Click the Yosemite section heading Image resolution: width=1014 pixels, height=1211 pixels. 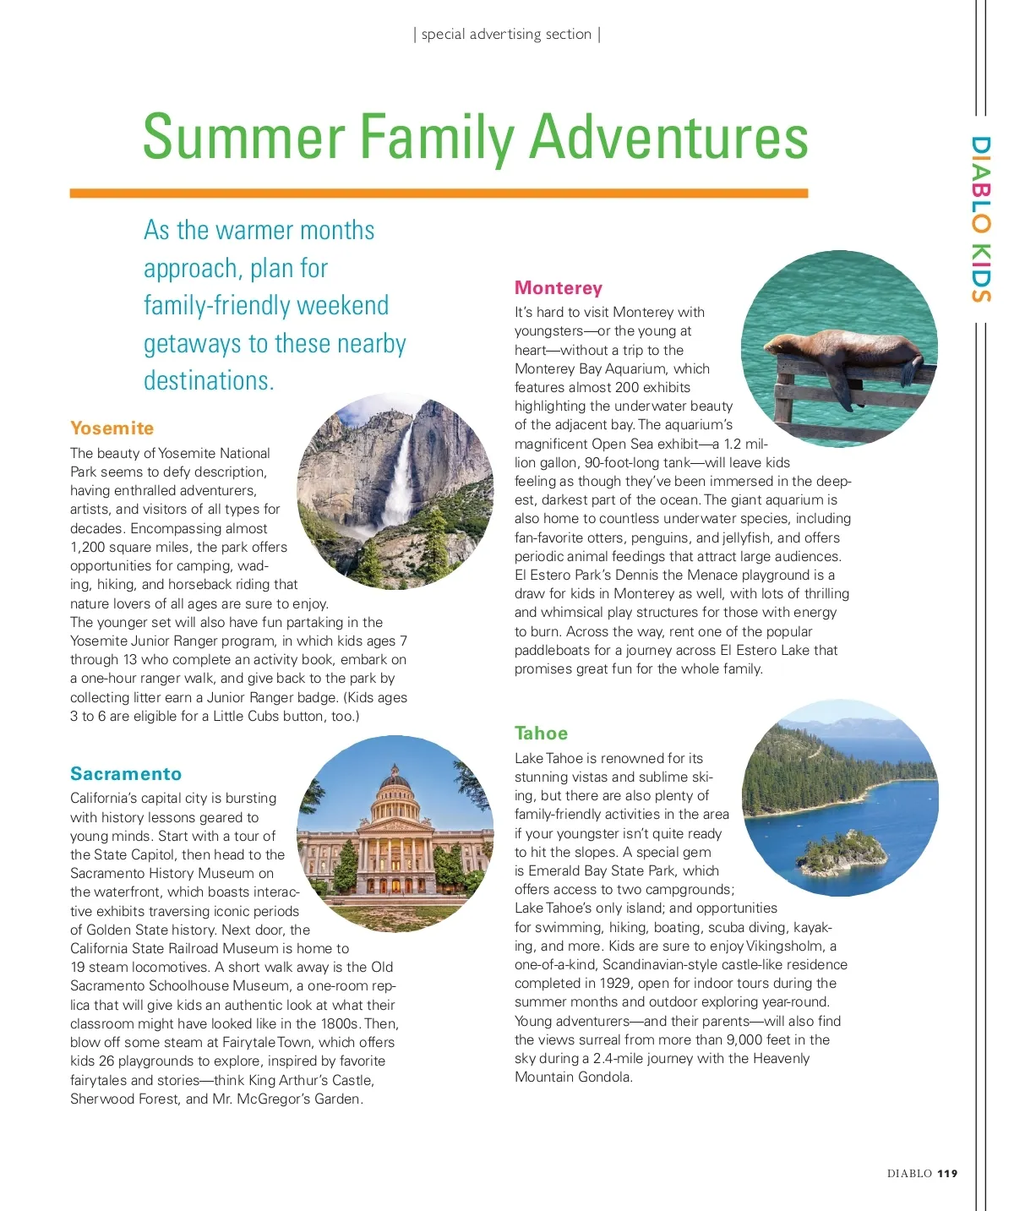pyautogui.click(x=112, y=428)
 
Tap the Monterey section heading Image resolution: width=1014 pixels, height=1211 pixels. pyautogui.click(x=558, y=288)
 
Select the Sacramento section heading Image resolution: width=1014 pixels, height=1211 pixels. pyautogui.click(x=126, y=774)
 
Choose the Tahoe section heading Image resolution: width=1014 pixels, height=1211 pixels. pyautogui.click(x=541, y=734)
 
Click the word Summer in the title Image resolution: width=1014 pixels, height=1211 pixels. pyautogui.click(x=243, y=138)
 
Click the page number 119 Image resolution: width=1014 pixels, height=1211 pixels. pyautogui.click(x=947, y=1173)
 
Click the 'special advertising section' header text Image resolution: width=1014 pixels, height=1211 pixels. pyautogui.click(x=506, y=35)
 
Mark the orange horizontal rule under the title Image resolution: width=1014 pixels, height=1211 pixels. pyautogui.click(x=439, y=194)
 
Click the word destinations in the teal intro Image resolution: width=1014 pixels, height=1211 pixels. pyautogui.click(x=208, y=381)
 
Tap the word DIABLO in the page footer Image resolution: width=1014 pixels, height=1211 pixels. pyautogui.click(x=909, y=1173)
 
